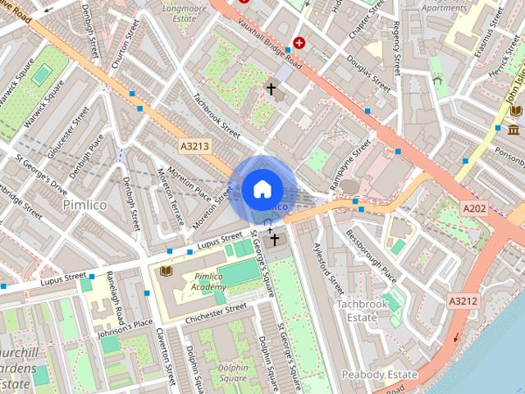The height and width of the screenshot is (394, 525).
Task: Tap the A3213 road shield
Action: point(195,145)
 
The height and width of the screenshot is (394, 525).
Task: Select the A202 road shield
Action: point(474,208)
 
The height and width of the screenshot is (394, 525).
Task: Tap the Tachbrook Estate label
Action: point(362,310)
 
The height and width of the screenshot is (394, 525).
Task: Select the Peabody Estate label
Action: point(381,374)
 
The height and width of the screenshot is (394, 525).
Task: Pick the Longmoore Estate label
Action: point(185,11)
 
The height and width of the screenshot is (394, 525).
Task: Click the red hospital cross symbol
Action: point(299,42)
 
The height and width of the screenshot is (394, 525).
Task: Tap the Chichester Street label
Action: point(215,312)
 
